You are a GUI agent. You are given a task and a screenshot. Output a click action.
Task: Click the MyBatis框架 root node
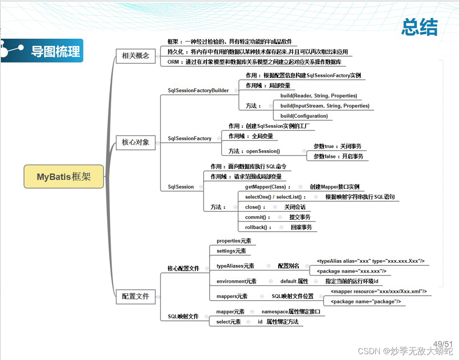(63, 176)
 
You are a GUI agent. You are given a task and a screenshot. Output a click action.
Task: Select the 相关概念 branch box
(135, 56)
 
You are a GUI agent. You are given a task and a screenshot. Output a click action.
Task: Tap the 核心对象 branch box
(135, 142)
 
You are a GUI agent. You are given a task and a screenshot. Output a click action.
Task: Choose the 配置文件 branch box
(135, 296)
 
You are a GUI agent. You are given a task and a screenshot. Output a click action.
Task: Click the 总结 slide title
(419, 27)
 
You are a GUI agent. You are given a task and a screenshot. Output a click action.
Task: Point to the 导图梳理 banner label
(55, 51)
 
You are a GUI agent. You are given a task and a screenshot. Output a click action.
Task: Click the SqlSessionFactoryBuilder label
(198, 90)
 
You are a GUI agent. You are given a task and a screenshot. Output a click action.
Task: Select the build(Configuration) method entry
(304, 116)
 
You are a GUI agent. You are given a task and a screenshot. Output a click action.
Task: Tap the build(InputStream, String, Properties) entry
(325, 106)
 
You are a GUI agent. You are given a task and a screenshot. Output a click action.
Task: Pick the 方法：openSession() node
(254, 151)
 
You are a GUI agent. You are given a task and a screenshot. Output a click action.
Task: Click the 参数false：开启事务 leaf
(338, 156)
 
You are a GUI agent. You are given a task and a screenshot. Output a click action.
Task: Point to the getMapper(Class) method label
(266, 187)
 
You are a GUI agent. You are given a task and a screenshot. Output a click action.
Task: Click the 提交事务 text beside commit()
(300, 217)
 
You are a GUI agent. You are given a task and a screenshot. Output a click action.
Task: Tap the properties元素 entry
(234, 241)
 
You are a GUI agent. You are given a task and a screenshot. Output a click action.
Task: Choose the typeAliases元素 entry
(235, 266)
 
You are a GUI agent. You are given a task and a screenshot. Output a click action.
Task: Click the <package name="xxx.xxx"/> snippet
(352, 271)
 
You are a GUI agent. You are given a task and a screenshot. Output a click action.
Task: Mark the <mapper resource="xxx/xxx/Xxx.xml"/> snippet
(379, 291)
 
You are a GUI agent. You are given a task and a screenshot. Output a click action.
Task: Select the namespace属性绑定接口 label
(290, 311)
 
